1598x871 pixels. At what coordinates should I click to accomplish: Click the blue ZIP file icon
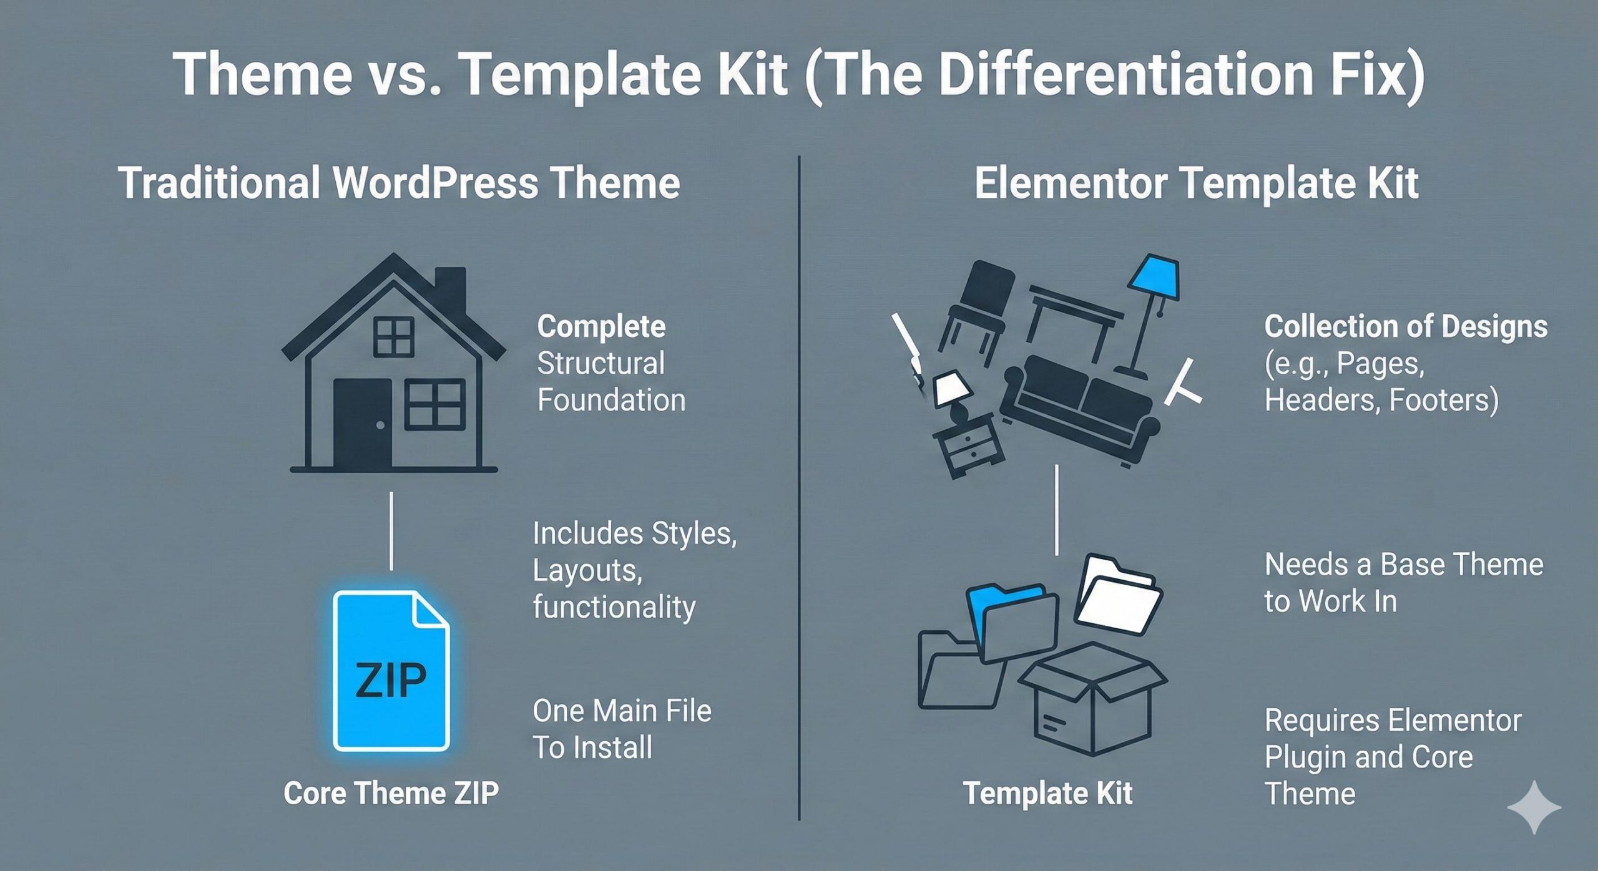click(391, 671)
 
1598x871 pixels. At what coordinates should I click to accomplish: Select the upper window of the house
click(393, 337)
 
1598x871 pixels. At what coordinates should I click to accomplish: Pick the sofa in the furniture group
click(1080, 406)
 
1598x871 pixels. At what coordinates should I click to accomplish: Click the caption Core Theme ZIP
click(391, 793)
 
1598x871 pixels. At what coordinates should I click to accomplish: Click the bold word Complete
click(601, 326)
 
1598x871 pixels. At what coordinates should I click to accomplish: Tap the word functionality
click(614, 607)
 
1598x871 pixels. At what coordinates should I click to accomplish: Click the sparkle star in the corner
click(1534, 807)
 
